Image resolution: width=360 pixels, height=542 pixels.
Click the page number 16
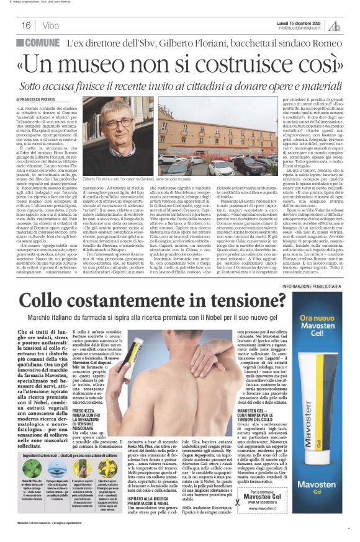pyautogui.click(x=25, y=25)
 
